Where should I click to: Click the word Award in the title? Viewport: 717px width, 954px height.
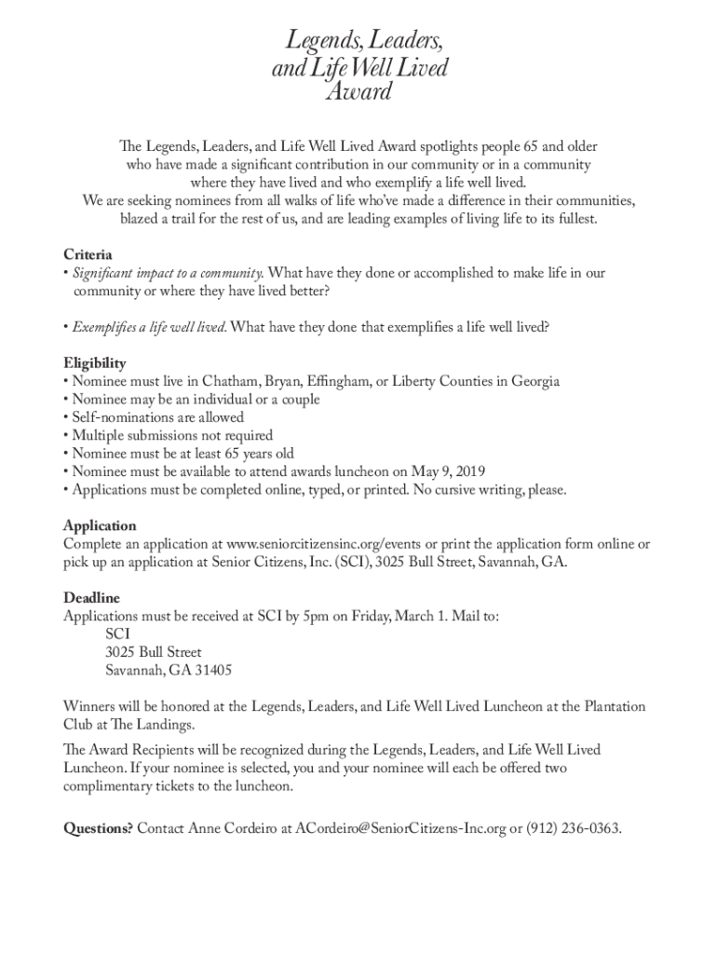358,92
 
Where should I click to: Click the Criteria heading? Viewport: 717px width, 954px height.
88,254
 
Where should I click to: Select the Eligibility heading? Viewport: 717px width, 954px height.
95,362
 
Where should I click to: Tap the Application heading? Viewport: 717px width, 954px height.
100,525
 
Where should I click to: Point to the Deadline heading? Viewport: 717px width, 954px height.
91,597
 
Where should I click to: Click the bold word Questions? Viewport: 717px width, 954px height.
98,827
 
